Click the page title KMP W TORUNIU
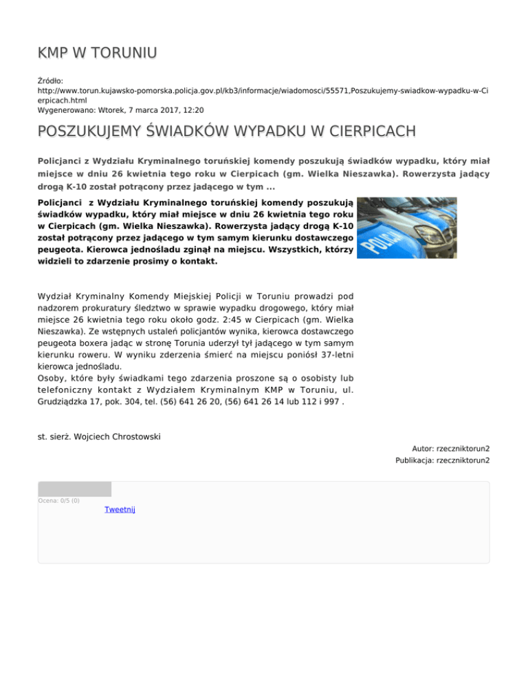pyautogui.click(x=97, y=52)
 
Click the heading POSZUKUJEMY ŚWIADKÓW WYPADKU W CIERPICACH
pyautogui.click(x=227, y=131)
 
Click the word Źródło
pyautogui.click(x=50, y=81)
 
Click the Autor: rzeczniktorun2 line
pyautogui.click(x=450, y=448)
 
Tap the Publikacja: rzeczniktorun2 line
pyautogui.click(x=442, y=460)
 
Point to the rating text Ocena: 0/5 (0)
pyautogui.click(x=59, y=500)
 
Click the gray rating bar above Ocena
pyautogui.click(x=74, y=489)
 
